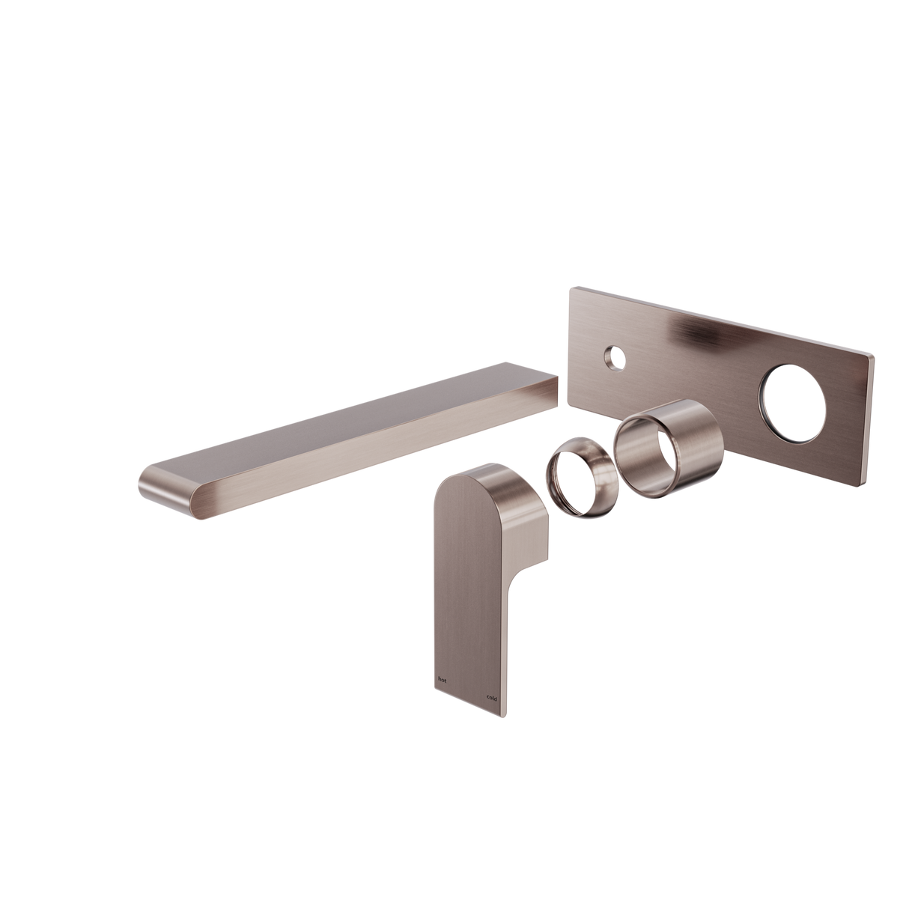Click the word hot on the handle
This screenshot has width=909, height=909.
pos(442,680)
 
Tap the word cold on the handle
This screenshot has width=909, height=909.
pos(492,698)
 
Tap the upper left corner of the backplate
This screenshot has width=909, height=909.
pos(574,287)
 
